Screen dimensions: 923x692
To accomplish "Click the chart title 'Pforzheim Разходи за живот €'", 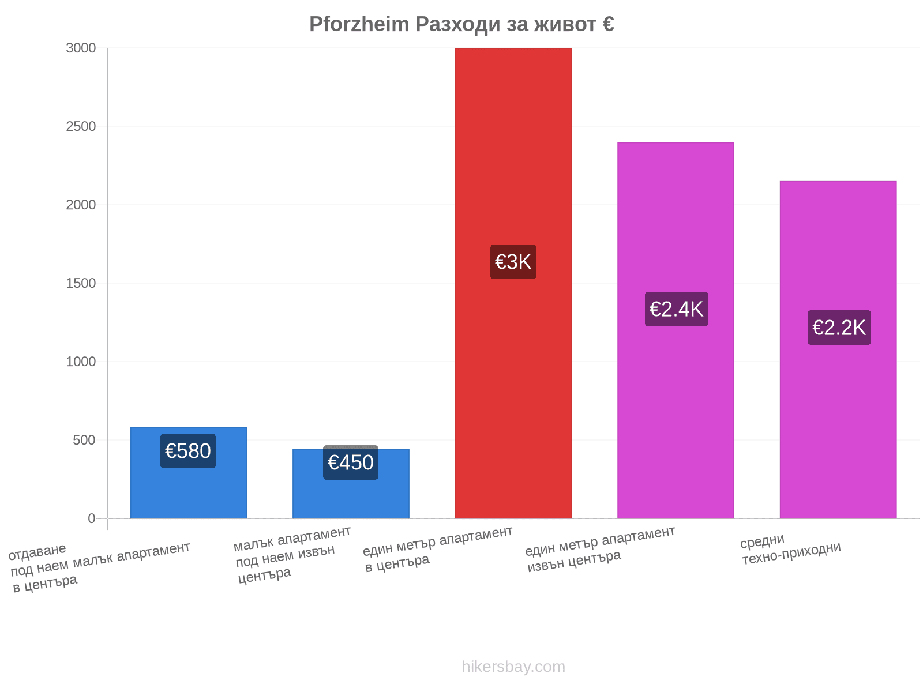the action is coord(461,24).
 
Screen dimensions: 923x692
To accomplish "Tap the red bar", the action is coord(513,283).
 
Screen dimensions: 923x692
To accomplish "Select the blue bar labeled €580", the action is coord(189,473).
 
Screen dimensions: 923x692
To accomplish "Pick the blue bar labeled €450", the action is coord(351,483).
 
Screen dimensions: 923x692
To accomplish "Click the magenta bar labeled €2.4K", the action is coord(676,330).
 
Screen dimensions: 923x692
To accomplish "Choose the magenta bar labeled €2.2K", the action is coord(838,349).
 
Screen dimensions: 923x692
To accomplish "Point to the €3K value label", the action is coord(513,262).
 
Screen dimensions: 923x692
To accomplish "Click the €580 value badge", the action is coord(188,451).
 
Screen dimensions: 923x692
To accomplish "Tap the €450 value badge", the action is coord(351,462).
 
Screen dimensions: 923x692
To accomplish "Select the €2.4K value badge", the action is coord(676,309).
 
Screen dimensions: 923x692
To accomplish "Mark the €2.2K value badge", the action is coord(839,328).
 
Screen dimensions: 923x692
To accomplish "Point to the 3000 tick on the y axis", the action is coord(81,48).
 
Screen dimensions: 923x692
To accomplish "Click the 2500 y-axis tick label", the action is coord(81,126).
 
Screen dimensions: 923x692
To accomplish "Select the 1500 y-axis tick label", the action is coord(81,283).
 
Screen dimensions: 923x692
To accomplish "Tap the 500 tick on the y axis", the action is coord(84,440).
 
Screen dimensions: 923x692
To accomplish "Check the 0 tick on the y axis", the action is coord(92,518).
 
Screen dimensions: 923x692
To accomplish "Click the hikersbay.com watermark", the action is coord(513,667).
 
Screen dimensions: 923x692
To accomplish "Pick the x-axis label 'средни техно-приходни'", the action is coord(790,549).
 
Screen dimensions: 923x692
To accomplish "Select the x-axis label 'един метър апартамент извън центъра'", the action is coord(599,549).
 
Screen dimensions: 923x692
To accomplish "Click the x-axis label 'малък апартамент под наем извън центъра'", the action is coord(292,555).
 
